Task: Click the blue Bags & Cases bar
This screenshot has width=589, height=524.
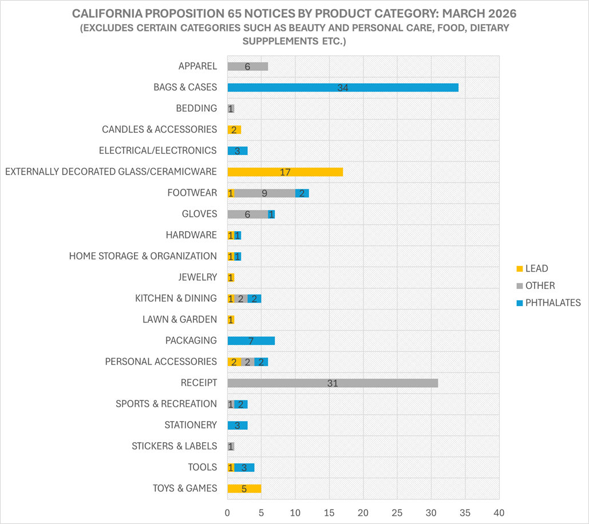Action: click(x=342, y=88)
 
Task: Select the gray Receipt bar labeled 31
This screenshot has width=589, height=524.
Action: click(x=333, y=383)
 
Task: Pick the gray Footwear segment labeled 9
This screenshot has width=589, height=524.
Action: click(x=264, y=193)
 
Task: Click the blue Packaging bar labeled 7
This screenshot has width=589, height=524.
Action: click(x=251, y=341)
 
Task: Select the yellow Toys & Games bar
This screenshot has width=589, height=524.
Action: click(x=244, y=489)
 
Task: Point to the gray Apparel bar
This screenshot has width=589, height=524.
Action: click(x=247, y=66)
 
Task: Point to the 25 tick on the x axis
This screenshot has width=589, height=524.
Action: click(x=397, y=511)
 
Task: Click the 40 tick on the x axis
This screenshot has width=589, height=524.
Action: click(x=499, y=511)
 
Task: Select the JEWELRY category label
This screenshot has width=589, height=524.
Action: click(x=197, y=277)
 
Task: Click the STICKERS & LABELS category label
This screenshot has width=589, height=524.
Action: click(x=174, y=446)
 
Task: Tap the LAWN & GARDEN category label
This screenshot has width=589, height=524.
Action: click(x=180, y=320)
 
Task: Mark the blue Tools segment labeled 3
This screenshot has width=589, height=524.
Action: click(x=244, y=467)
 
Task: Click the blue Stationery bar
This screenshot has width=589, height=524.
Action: click(x=237, y=425)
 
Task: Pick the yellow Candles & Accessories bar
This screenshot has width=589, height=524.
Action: click(x=234, y=130)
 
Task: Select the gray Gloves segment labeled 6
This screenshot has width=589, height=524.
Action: click(x=247, y=214)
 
